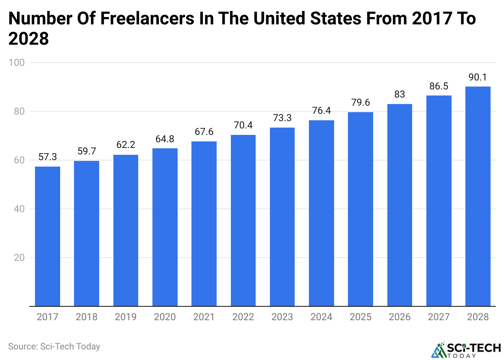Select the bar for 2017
[48, 236]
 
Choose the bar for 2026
[400, 205]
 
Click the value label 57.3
[48, 157]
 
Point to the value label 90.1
[478, 77]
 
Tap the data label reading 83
[400, 95]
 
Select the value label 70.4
[243, 126]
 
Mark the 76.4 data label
[321, 111]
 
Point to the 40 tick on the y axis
[19, 209]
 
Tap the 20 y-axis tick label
[19, 258]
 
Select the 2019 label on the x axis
[126, 317]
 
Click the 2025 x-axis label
[361, 317]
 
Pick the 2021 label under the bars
[204, 317]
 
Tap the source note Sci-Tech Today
[54, 347]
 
